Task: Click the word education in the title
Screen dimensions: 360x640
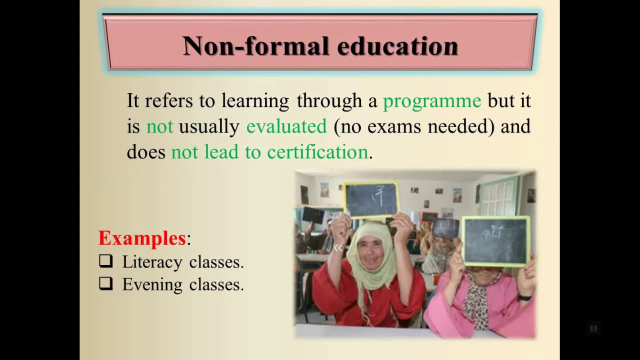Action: coord(397,46)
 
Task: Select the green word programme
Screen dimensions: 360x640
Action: coord(432,101)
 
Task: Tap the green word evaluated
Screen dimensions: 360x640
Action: coord(286,126)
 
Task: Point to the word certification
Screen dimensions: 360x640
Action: coord(317,152)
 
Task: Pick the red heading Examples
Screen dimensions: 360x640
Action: coord(142,238)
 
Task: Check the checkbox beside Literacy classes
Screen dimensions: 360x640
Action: coord(105,261)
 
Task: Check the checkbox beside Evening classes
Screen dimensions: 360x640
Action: coord(105,283)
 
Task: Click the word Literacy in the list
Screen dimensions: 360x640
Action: coord(152,262)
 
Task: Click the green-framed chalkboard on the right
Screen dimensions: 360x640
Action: coord(495,241)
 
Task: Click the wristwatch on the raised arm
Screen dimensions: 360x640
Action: coord(524,297)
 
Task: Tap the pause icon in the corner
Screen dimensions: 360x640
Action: coord(593,328)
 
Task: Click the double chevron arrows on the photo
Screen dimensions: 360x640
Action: coord(338,247)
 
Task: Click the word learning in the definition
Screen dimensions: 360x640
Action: coord(255,101)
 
